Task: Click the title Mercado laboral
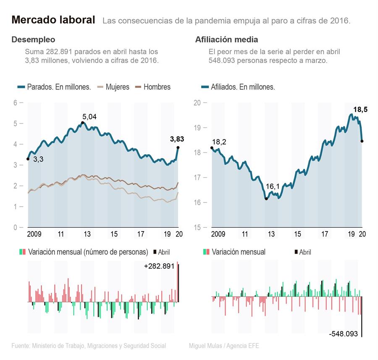pyautogui.click(x=53, y=20)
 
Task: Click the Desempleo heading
pyautogui.click(x=33, y=40)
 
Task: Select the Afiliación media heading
pyautogui.click(x=226, y=40)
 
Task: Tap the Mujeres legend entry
pyautogui.click(x=117, y=87)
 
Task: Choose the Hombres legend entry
pyautogui.click(x=157, y=87)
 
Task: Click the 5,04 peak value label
pyautogui.click(x=89, y=116)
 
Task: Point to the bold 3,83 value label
pyautogui.click(x=177, y=139)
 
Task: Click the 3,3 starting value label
pyautogui.click(x=38, y=160)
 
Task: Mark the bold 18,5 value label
pyautogui.click(x=360, y=110)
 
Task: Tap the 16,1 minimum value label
pyautogui.click(x=273, y=186)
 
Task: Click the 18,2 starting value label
pyautogui.click(x=219, y=142)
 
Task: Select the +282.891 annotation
pyautogui.click(x=159, y=266)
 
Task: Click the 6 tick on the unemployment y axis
pyautogui.click(x=15, y=103)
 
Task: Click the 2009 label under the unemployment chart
pyautogui.click(x=34, y=234)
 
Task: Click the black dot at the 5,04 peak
pyautogui.click(x=82, y=123)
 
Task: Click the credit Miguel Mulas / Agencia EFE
pyautogui.click(x=224, y=346)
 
